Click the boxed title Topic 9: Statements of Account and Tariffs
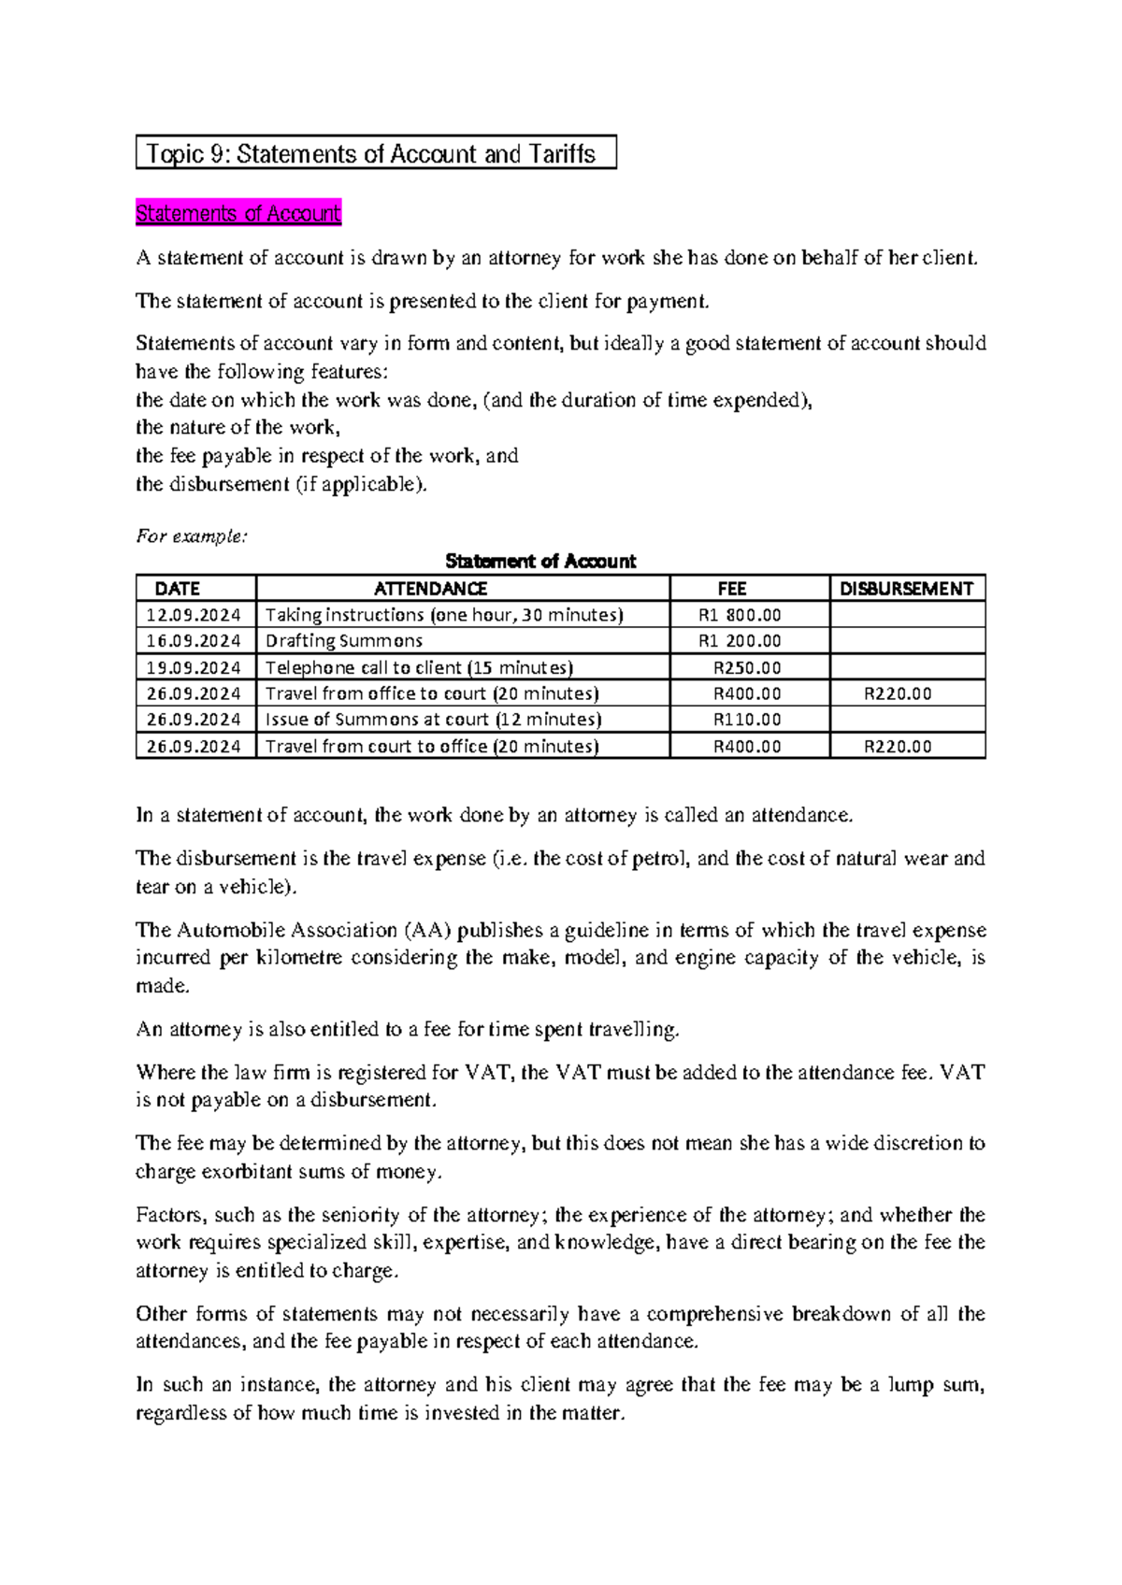click(x=375, y=153)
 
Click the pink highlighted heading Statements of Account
click(x=238, y=214)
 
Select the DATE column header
click(x=178, y=589)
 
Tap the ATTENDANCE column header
click(x=430, y=589)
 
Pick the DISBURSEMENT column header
click(x=906, y=589)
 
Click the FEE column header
click(x=731, y=589)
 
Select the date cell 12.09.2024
click(x=194, y=615)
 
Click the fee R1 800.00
click(x=740, y=615)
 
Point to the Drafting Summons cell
click(x=344, y=641)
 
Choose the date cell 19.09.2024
click(x=194, y=668)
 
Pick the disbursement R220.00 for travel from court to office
click(x=898, y=747)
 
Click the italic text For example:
click(x=192, y=536)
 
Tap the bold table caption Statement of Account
click(x=540, y=562)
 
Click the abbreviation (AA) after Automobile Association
click(x=427, y=931)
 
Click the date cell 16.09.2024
click(x=194, y=641)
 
